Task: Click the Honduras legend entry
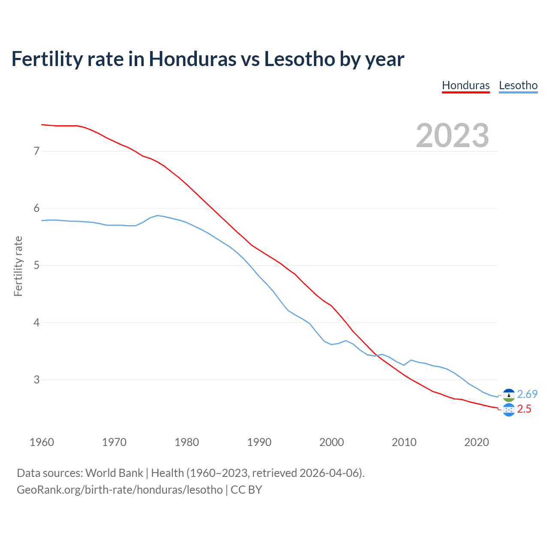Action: point(466,85)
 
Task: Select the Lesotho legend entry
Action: point(518,85)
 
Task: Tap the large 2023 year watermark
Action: point(452,136)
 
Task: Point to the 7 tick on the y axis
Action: point(36,151)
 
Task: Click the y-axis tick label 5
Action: point(36,265)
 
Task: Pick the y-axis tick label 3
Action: point(36,380)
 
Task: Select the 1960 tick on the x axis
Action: point(42,442)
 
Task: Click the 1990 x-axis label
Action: point(259,442)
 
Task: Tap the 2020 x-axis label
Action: point(477,442)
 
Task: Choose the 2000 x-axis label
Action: point(332,442)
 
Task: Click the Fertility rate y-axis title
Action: point(18,266)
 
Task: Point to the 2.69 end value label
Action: point(527,394)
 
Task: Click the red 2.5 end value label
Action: point(524,409)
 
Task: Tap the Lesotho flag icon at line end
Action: point(509,395)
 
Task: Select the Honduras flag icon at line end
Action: point(509,410)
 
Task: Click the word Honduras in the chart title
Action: point(192,59)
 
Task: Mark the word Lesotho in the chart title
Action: point(299,59)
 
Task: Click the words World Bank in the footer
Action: point(114,473)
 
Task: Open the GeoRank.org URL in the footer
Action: point(120,490)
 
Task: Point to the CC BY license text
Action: point(246,490)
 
